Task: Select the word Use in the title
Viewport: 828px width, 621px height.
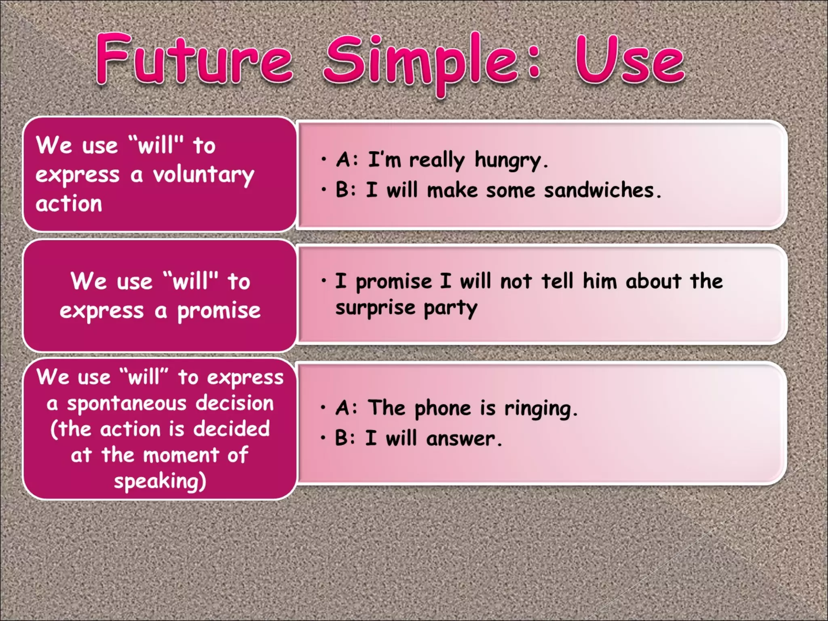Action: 629,60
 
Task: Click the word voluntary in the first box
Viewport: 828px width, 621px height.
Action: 203,175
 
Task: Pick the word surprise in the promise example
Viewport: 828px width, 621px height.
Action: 375,308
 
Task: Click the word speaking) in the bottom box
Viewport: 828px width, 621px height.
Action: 160,481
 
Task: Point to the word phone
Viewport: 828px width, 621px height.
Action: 443,408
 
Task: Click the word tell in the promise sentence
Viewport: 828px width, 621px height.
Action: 557,281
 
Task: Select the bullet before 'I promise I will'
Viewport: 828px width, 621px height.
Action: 324,280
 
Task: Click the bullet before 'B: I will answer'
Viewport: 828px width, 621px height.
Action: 323,438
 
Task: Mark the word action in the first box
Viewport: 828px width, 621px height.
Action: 69,203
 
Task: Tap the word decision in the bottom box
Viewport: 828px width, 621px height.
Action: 234,403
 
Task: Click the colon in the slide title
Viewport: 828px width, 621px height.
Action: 534,63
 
